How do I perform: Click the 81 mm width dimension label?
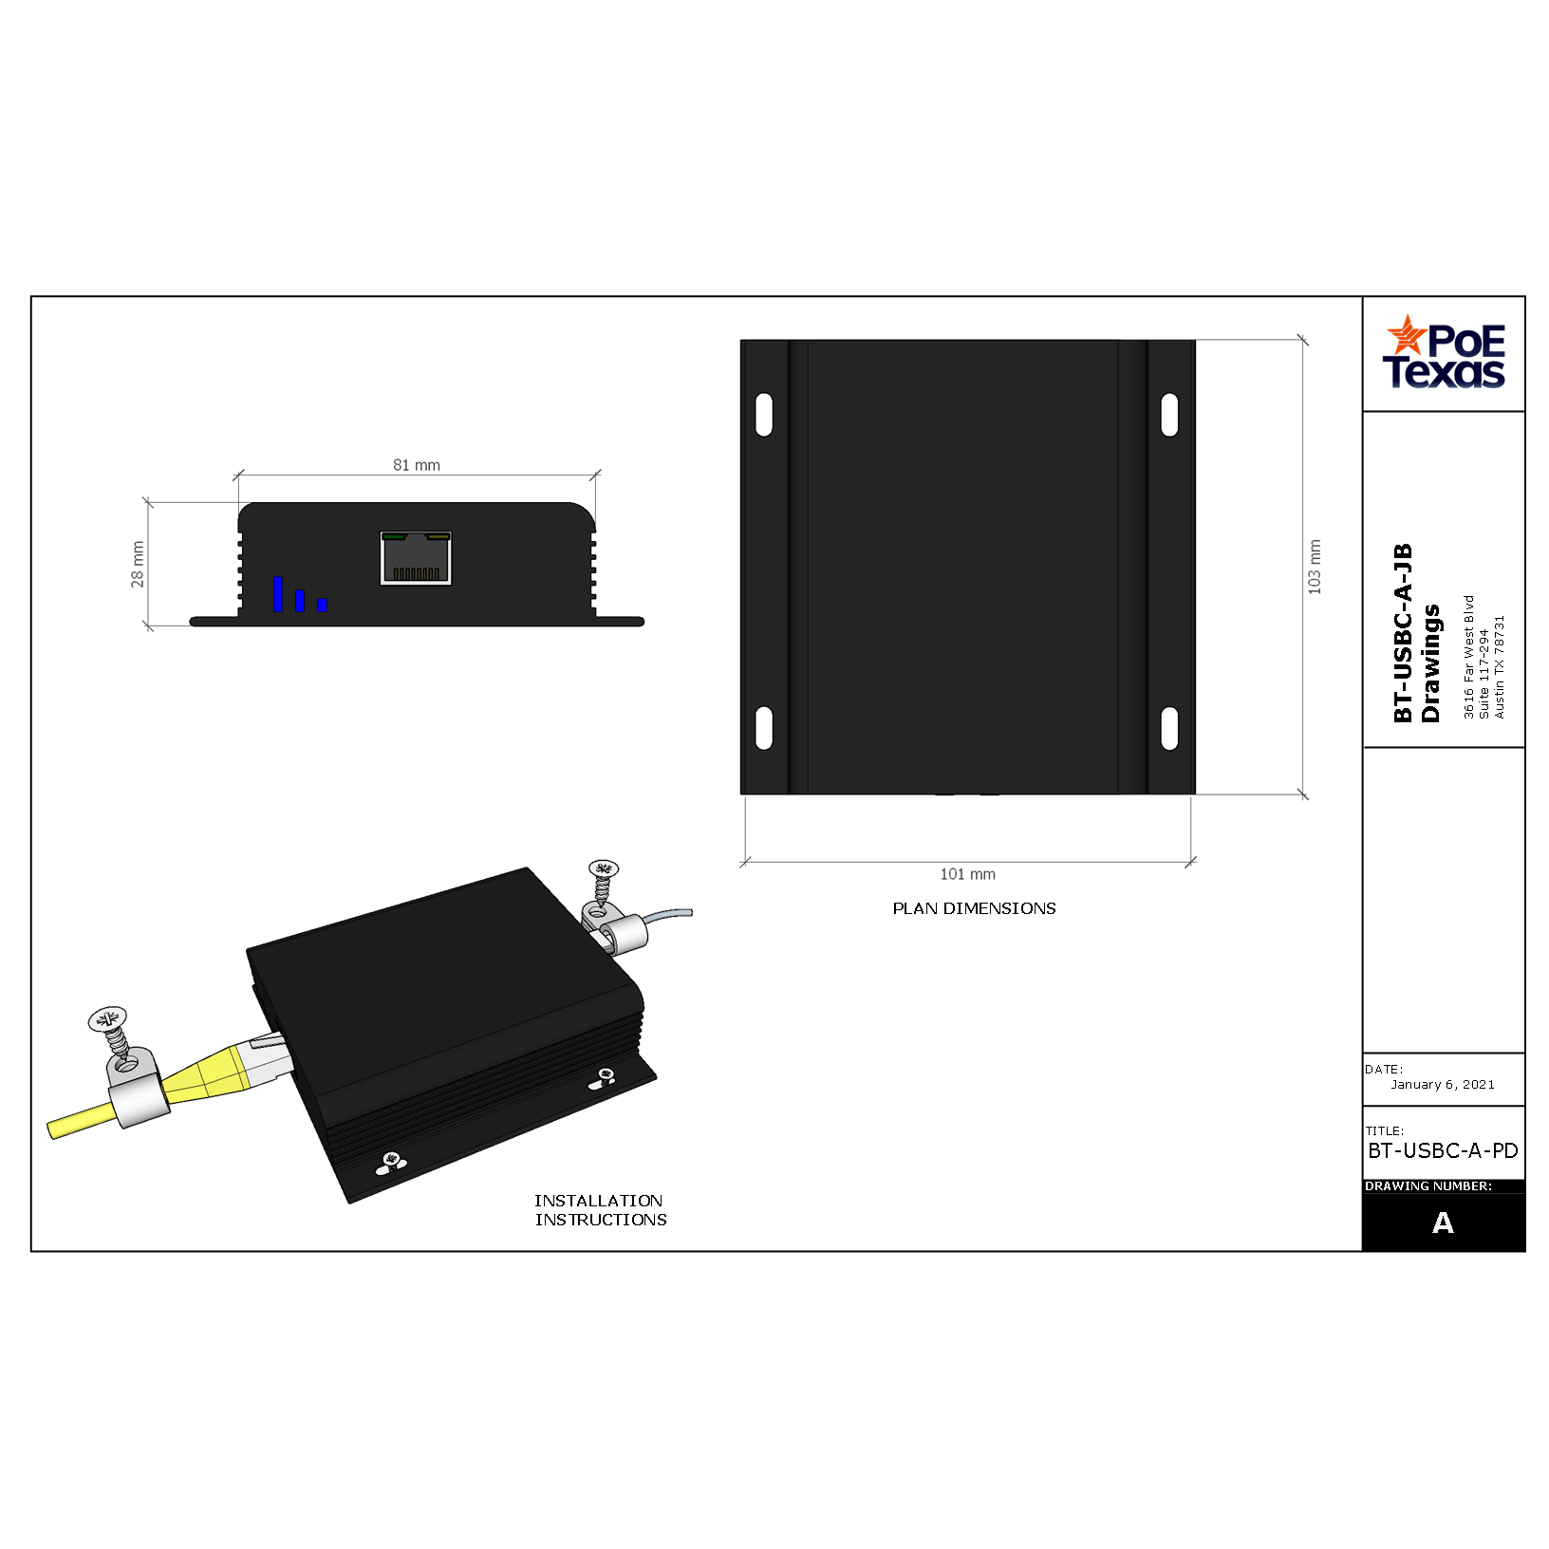[x=417, y=465]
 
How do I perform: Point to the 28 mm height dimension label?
[x=138, y=565]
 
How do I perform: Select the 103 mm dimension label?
[x=1315, y=568]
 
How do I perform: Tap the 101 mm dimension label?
[x=968, y=874]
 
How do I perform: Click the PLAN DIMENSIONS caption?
[x=974, y=908]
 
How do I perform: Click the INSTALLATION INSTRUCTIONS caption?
[x=600, y=1210]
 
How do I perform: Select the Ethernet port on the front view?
[x=416, y=558]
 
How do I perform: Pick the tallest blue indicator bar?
[x=278, y=593]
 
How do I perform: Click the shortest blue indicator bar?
[x=323, y=605]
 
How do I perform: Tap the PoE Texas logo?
[x=1444, y=352]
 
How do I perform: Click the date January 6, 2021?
[x=1443, y=1084]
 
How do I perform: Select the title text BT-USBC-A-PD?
[x=1443, y=1150]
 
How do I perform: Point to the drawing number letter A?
[x=1443, y=1222]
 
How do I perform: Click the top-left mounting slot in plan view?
[x=764, y=415]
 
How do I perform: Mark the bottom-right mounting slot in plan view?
[x=1170, y=728]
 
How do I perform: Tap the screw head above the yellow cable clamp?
[x=107, y=1019]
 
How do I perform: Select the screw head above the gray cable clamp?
[x=604, y=868]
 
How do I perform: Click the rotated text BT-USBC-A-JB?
[x=1403, y=633]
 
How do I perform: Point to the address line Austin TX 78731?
[x=1500, y=666]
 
